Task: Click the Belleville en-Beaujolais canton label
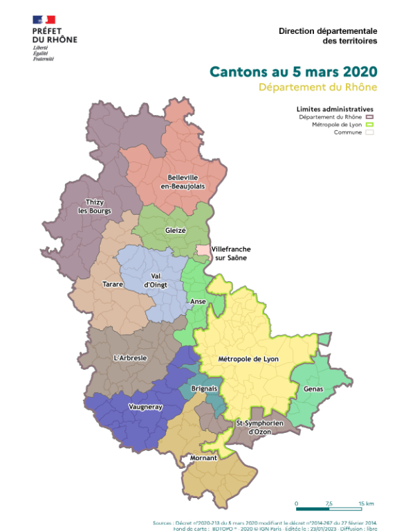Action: [x=184, y=181]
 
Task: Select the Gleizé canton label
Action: [x=176, y=231]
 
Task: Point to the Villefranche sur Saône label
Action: [x=229, y=252]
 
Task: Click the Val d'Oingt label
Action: [x=156, y=280]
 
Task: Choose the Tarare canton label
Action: [x=113, y=284]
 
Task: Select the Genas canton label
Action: [x=313, y=389]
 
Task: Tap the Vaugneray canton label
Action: [x=145, y=407]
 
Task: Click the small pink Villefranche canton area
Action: [x=202, y=250]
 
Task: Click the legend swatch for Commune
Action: [x=369, y=132]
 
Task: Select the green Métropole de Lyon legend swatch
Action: [x=369, y=125]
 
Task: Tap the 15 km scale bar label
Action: [x=366, y=503]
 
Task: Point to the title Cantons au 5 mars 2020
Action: [x=293, y=71]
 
